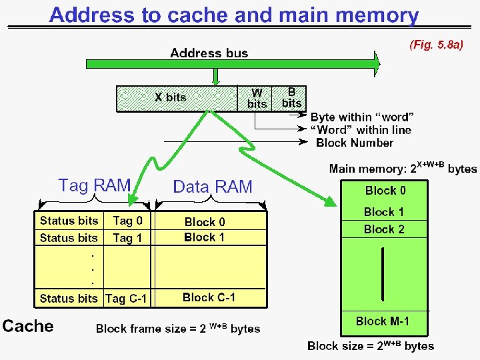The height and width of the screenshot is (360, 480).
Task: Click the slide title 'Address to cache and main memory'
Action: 234,15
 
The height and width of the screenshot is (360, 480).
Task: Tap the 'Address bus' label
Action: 209,53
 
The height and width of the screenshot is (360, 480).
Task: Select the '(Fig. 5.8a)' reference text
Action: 435,45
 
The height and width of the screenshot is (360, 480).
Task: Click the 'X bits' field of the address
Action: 171,97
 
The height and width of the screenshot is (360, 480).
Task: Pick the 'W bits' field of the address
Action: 257,98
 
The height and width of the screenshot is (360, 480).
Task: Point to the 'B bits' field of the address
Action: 291,97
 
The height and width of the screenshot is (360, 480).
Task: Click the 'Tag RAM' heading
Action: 94,185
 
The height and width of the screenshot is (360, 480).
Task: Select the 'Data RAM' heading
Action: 213,187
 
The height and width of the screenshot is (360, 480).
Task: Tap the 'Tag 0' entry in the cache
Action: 127,221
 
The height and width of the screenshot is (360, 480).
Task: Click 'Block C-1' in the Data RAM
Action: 209,297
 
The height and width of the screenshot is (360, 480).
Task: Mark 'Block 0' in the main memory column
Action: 385,191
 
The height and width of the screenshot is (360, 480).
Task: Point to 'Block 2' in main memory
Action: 384,229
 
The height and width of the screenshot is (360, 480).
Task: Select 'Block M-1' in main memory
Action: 383,321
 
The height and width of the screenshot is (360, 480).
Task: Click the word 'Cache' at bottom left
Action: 27,326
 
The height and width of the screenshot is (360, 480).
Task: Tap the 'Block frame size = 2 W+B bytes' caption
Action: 178,328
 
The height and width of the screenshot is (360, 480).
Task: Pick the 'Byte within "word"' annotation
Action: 362,117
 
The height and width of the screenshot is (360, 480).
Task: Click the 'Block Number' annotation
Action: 355,143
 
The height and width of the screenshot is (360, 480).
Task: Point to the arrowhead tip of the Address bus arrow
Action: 380,64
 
